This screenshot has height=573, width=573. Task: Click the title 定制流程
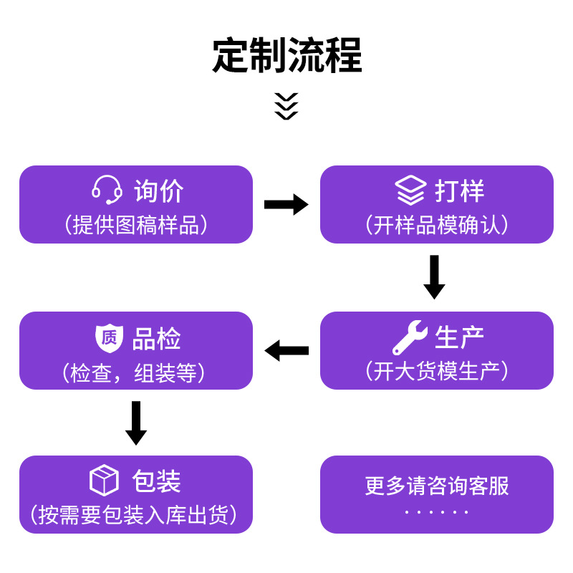pos(287,55)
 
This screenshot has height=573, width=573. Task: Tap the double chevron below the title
pos(286,106)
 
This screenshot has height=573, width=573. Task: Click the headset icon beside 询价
pos(107,190)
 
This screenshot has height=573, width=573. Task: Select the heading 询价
pos(159,191)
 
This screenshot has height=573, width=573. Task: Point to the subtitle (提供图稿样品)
pos(136,224)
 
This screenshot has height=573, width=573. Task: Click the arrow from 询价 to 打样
pos(286,204)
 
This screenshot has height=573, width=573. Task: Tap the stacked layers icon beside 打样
pos(410,190)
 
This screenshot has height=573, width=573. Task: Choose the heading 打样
pos(459,191)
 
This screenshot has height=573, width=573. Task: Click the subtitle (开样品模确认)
pos(437,224)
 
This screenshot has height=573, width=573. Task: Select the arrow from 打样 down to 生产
pos(434,277)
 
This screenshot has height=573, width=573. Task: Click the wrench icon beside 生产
pos(410,337)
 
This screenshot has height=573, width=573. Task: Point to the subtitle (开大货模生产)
pos(437,370)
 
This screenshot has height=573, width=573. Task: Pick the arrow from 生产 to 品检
pos(286,350)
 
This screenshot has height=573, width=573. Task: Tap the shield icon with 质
pos(110,337)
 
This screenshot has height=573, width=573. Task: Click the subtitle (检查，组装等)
pos(134,372)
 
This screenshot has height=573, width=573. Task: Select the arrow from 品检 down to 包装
pos(136,423)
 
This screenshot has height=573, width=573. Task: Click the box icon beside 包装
pos(104,480)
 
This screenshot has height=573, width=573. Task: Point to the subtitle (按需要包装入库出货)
pos(134,515)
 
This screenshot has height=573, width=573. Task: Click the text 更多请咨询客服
pos(437,486)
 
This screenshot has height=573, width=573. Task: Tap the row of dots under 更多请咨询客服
pos(437,512)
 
